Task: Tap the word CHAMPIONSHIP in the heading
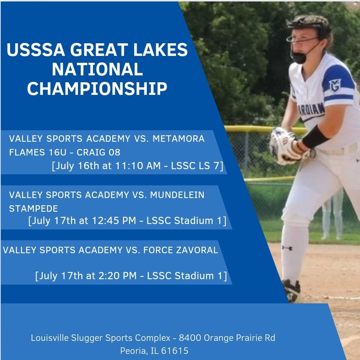(x=97, y=89)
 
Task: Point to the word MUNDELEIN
(x=177, y=195)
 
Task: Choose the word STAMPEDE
(x=34, y=209)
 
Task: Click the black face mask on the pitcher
(x=300, y=57)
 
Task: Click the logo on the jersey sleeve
(x=335, y=85)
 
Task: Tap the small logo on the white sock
(x=287, y=248)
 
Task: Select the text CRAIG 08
(x=98, y=152)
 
